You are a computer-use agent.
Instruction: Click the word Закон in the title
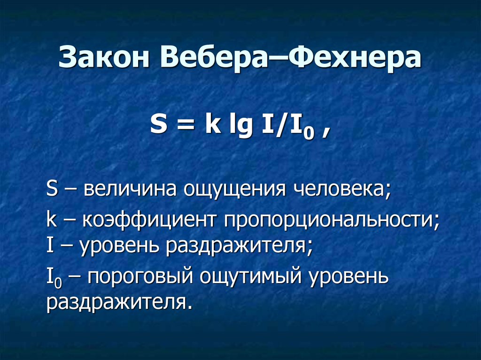pos(104,57)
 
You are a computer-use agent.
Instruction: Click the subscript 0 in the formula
pos(309,134)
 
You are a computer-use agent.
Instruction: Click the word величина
pos(130,189)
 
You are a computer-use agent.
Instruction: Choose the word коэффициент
pos(149,220)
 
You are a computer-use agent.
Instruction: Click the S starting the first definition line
pos(52,189)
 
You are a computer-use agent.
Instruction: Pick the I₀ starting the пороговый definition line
pos(54,277)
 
